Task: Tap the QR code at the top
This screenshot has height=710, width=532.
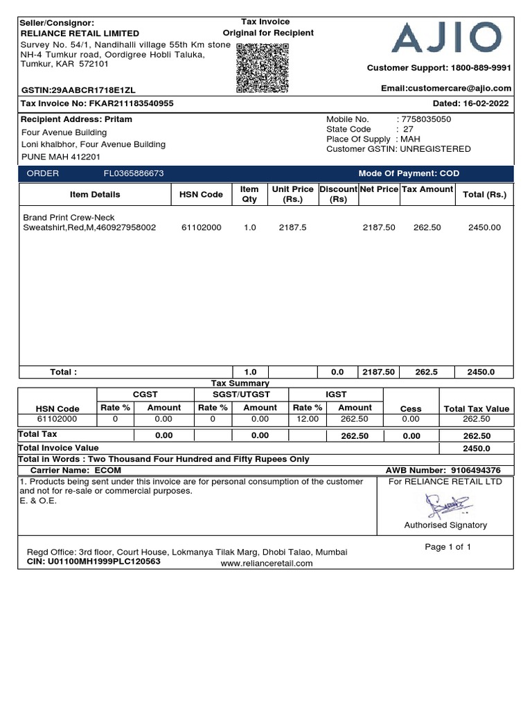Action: [263, 67]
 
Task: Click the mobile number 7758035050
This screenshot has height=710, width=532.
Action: [425, 119]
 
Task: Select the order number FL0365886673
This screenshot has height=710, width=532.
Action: [134, 173]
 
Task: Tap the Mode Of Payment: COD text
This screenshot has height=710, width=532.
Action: [409, 173]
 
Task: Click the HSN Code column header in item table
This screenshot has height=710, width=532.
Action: [201, 194]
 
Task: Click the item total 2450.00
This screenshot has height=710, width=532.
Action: [484, 227]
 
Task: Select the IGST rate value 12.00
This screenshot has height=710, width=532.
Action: [305, 419]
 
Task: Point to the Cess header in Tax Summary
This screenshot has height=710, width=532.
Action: [411, 409]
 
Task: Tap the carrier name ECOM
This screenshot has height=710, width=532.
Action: [108, 470]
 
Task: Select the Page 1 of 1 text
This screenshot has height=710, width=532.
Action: [448, 547]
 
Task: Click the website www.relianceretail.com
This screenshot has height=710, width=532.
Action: [267, 563]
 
